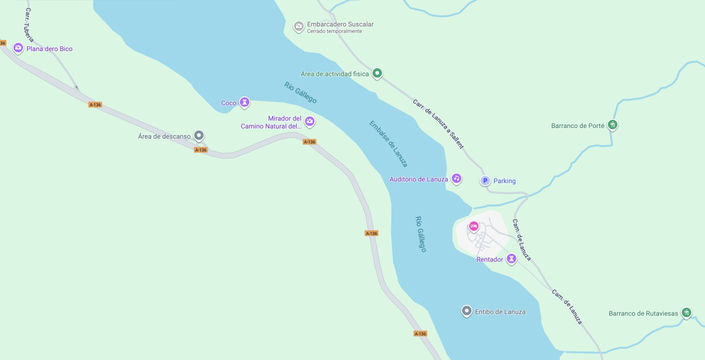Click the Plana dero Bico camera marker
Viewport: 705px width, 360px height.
18,48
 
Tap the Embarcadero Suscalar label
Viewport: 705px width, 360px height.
340,24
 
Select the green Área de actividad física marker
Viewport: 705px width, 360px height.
378,73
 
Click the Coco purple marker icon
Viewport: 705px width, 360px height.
244,103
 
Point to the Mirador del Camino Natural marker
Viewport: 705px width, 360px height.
310,122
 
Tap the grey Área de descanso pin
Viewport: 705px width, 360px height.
199,136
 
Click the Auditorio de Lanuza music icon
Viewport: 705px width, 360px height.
456,179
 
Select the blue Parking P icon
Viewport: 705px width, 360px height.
485,181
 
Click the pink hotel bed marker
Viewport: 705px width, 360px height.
474,226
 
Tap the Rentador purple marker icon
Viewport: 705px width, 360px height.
512,258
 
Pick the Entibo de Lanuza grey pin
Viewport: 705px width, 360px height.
466,311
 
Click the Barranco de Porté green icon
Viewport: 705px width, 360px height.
613,125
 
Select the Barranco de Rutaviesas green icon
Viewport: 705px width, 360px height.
686,313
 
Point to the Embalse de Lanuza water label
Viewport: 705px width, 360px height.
388,144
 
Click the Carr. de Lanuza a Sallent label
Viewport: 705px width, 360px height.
438,123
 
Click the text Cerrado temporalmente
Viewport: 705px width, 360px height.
334,32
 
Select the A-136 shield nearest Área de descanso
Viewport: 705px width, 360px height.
201,150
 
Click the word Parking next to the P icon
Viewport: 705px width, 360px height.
505,181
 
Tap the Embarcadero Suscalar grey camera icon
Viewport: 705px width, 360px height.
298,26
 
